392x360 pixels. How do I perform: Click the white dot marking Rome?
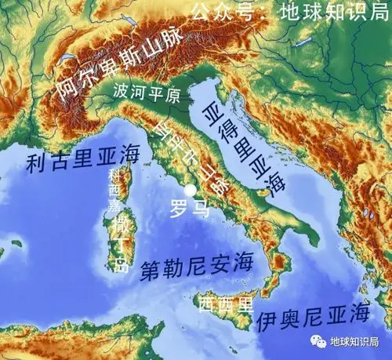(x=189, y=190)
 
